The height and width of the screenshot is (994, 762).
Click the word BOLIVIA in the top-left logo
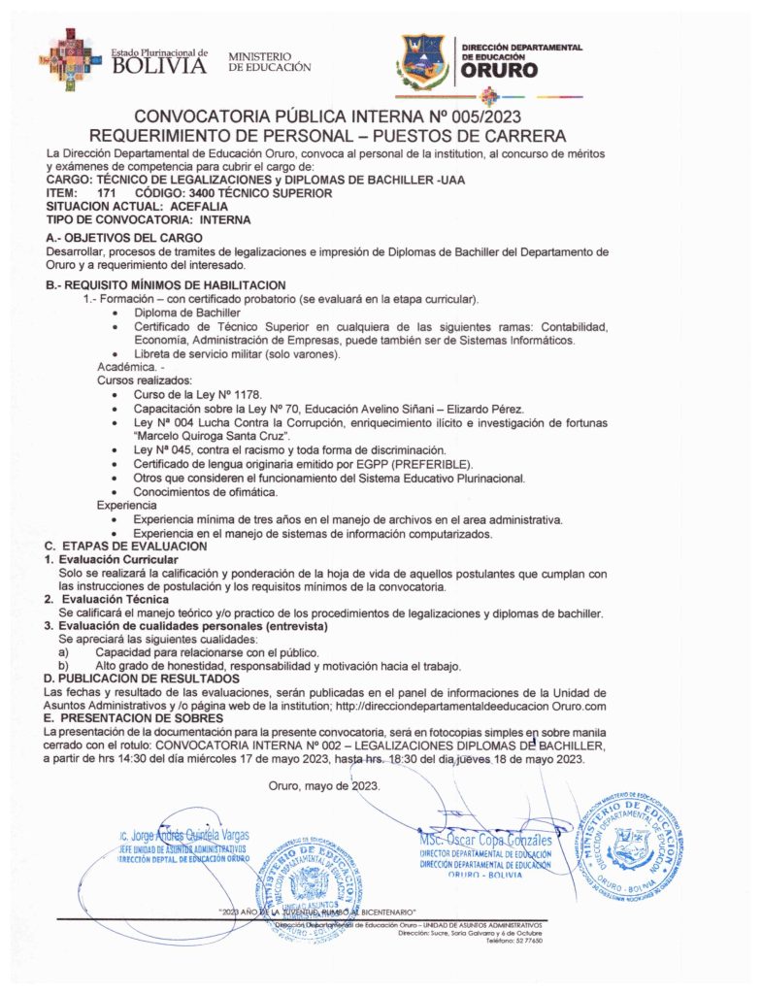160,67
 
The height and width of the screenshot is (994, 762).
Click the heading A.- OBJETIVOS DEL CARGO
124,238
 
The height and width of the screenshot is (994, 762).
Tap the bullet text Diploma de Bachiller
187,315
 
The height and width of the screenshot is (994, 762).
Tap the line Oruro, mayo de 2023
311,785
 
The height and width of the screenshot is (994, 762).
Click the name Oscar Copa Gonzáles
485,839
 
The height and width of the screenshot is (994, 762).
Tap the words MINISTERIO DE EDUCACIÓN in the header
269,61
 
